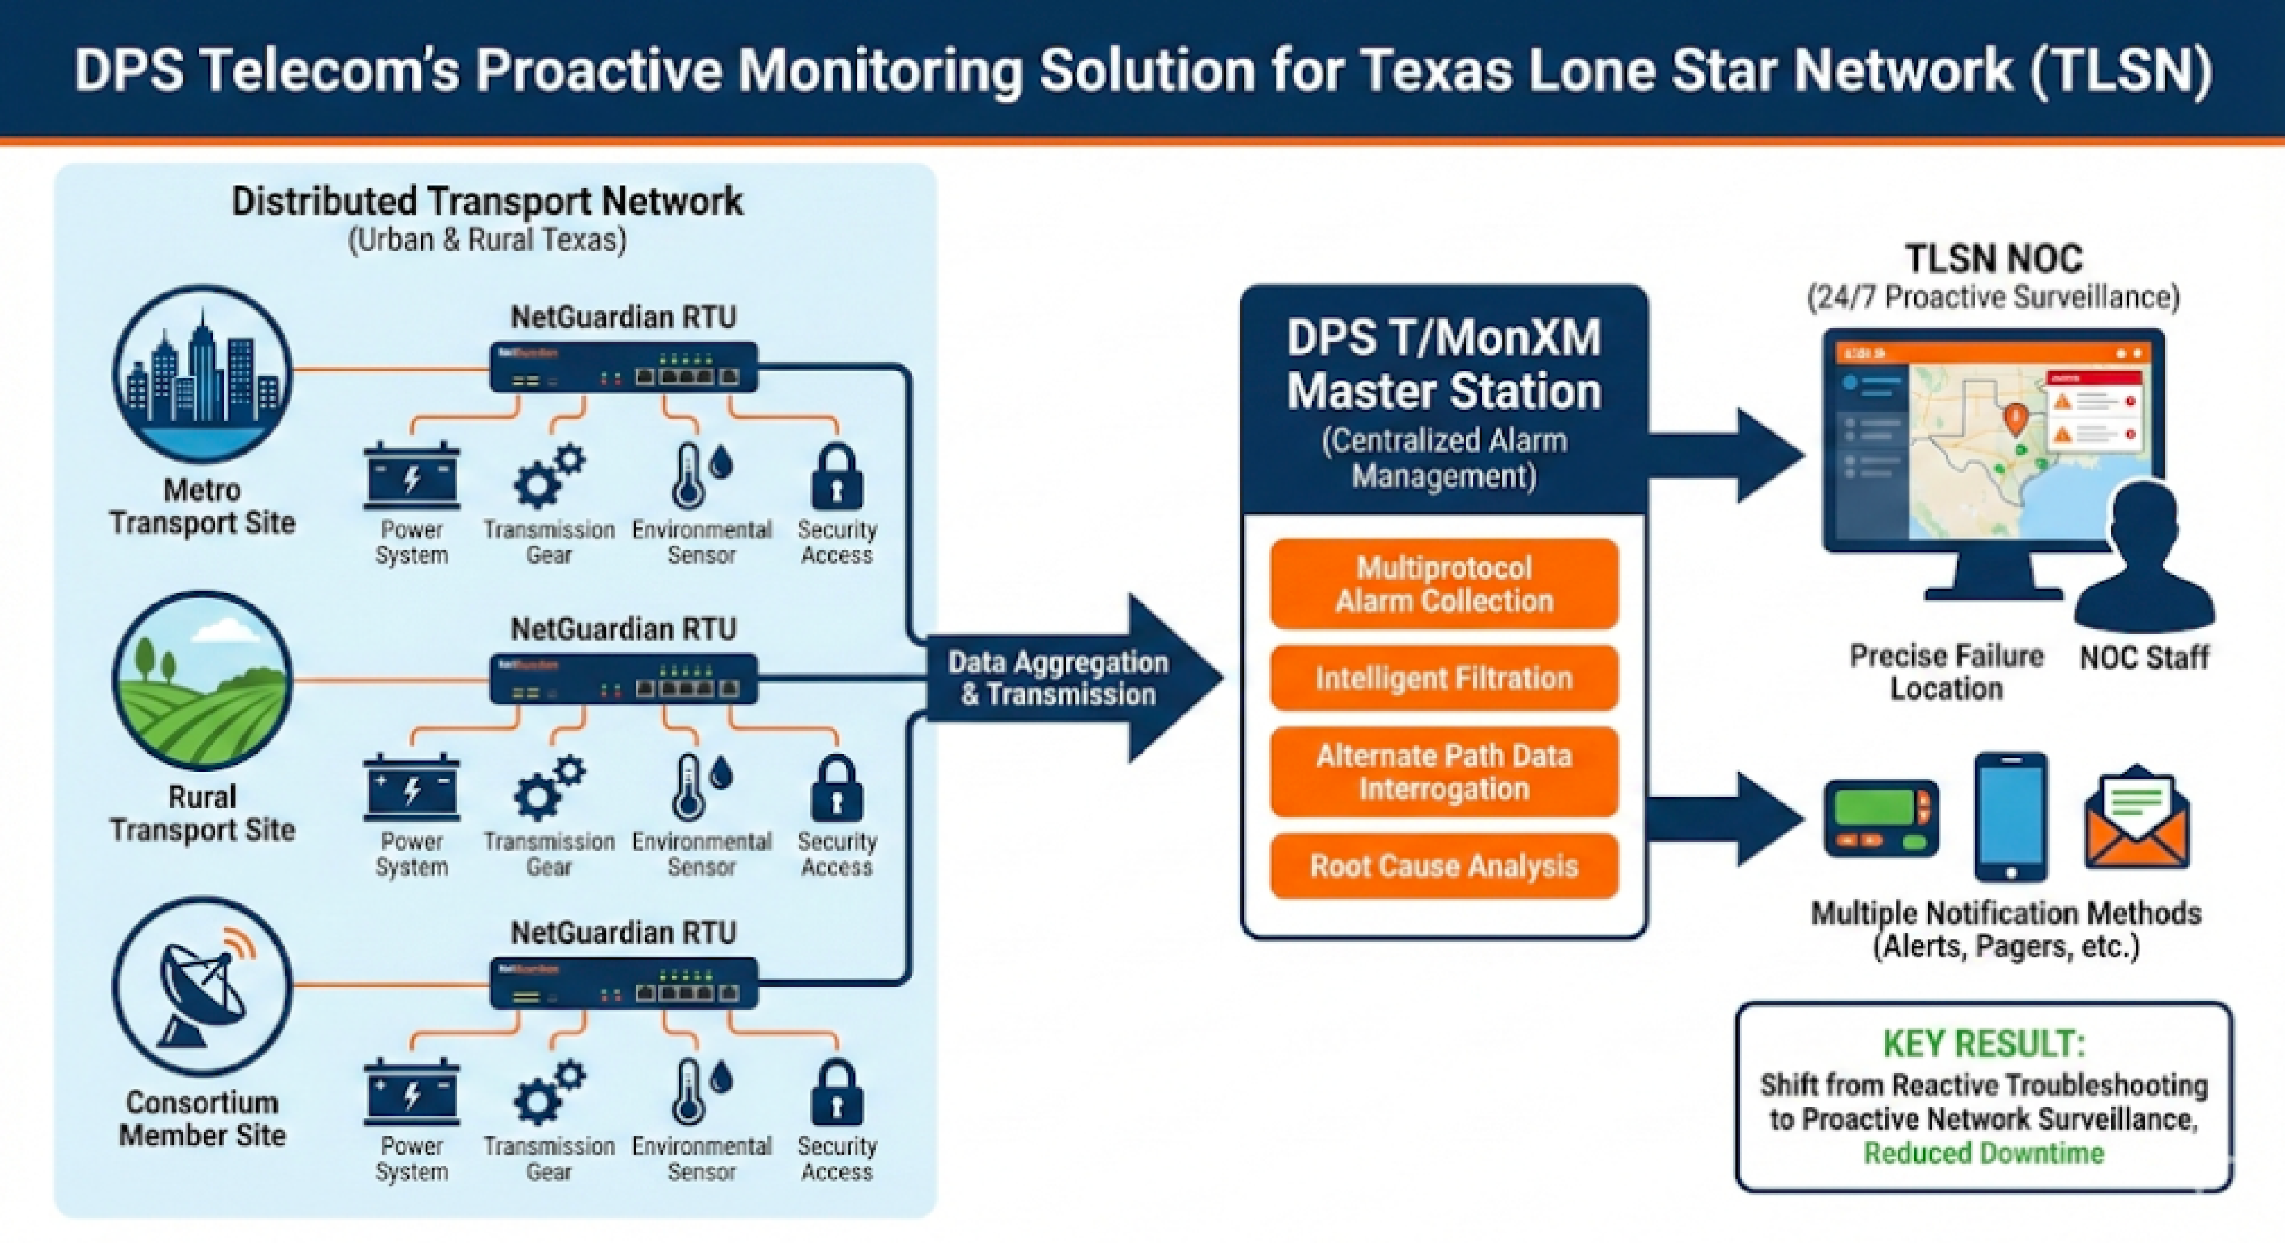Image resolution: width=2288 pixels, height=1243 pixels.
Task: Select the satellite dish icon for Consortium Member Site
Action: [x=203, y=986]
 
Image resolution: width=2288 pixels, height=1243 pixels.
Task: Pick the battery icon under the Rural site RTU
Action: [x=411, y=788]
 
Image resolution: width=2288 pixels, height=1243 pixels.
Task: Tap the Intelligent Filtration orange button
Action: [x=1443, y=679]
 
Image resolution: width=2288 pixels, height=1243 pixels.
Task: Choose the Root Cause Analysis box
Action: [x=1443, y=866]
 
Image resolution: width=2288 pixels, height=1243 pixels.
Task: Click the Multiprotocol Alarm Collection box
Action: [x=1443, y=585]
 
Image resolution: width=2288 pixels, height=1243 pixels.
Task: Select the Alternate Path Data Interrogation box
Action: [x=1443, y=772]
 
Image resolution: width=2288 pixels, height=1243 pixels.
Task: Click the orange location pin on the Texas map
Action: [x=2016, y=418]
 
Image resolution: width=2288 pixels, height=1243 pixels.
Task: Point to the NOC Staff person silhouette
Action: [x=2145, y=559]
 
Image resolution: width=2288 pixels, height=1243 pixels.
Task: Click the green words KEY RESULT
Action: [x=1983, y=1044]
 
